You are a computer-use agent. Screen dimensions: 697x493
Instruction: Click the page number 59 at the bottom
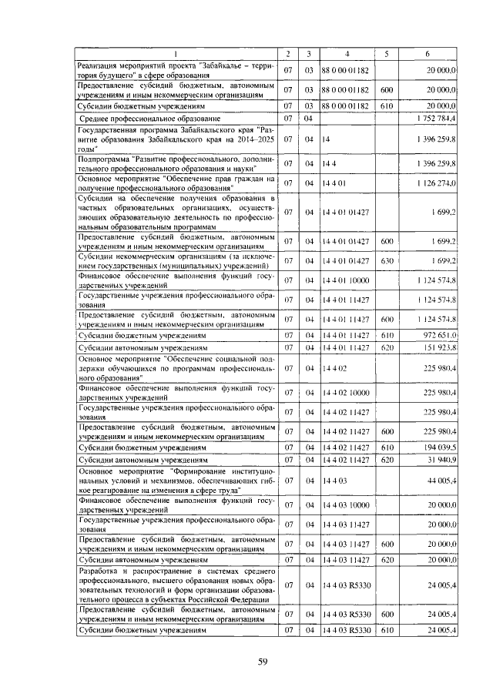262,661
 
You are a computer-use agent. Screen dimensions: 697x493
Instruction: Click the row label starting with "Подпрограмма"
177,163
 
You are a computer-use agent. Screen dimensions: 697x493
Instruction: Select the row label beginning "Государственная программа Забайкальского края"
177,140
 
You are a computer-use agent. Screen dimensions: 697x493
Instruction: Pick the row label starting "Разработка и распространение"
177,586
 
